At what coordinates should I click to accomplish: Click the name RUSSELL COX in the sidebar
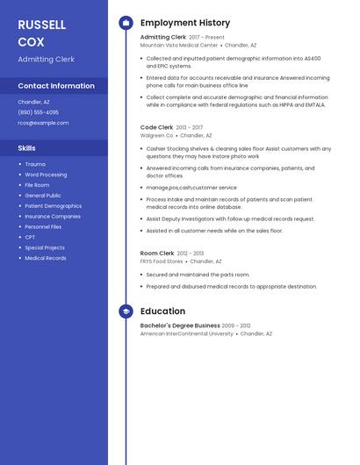tap(41, 32)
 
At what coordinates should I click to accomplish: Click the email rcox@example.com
tap(43, 123)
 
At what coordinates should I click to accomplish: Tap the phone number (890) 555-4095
tap(39, 112)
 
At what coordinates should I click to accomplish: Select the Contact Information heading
tap(56, 86)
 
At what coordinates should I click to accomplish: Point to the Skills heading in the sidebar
tap(27, 148)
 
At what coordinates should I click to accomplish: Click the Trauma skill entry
tap(35, 164)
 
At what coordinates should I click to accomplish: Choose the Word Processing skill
tap(46, 175)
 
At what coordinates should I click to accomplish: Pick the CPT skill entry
tap(30, 237)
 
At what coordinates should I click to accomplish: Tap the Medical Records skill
tap(45, 258)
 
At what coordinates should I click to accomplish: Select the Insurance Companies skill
tap(53, 216)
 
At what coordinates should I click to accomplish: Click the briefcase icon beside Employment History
tap(126, 23)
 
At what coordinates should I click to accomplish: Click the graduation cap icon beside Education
tap(126, 311)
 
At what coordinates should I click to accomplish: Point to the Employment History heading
tap(185, 23)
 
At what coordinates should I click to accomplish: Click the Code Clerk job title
tap(156, 127)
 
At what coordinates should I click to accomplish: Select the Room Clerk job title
tap(157, 253)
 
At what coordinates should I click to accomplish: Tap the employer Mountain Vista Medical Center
tap(179, 45)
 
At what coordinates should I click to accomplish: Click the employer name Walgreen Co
tap(157, 135)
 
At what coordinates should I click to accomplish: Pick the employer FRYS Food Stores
tap(162, 261)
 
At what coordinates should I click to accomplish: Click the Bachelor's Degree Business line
tap(180, 325)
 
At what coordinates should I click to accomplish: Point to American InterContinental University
tap(187, 333)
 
